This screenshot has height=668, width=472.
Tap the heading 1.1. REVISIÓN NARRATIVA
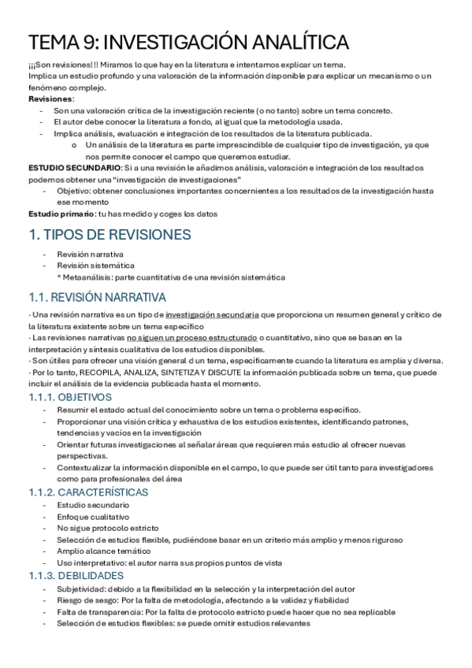(97, 297)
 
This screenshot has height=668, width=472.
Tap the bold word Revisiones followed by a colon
(51, 99)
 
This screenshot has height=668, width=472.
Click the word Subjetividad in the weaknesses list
(81, 588)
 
